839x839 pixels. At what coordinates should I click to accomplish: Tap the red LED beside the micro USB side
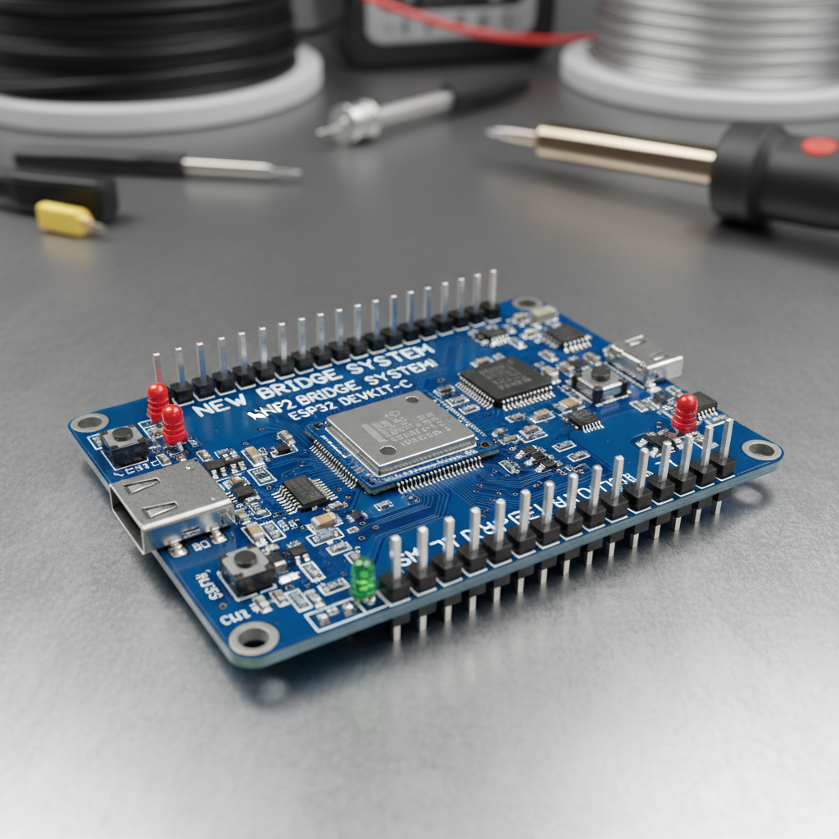pyautogui.click(x=684, y=411)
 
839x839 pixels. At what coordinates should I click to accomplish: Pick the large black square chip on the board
pyautogui.click(x=506, y=380)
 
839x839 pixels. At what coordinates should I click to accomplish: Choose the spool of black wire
pyautogui.click(x=147, y=41)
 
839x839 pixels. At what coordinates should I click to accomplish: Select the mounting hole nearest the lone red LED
pyautogui.click(x=761, y=449)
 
